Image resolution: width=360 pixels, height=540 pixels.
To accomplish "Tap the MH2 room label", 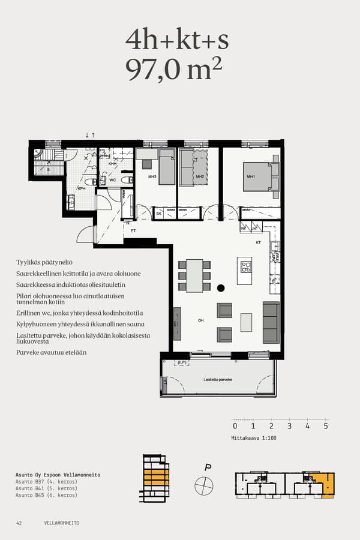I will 200,177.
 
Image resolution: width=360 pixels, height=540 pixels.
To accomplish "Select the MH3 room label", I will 152,177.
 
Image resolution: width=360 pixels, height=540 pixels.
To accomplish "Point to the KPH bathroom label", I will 82,188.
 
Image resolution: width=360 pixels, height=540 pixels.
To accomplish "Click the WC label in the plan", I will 112,180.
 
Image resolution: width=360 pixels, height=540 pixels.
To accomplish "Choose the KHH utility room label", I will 112,163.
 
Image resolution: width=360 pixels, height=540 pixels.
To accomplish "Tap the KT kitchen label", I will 259,243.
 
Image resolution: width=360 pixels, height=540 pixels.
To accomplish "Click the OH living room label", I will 201,320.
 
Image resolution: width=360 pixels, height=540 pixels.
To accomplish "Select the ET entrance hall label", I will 133,230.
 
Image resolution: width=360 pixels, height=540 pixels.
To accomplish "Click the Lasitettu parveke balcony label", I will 218,380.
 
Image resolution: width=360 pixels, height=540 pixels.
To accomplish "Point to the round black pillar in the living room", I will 221,288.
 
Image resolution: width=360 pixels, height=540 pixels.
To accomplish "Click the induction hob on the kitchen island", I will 246,267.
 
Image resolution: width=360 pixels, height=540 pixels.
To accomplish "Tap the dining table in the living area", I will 194,275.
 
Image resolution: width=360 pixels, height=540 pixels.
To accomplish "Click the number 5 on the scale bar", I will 326,426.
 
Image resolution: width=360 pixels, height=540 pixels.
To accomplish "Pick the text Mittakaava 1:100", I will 254,438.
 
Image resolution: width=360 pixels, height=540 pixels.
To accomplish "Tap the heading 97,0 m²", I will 174,70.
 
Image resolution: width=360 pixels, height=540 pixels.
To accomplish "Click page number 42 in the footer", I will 19,523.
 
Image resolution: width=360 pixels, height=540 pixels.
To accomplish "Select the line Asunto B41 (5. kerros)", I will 46,488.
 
